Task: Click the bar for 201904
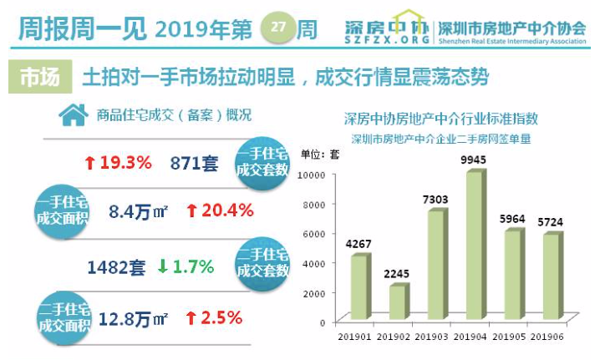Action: click(x=473, y=246)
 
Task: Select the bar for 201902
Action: click(x=398, y=302)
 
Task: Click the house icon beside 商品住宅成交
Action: click(x=74, y=114)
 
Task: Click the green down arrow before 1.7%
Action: click(x=163, y=267)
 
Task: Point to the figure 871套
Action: click(x=193, y=163)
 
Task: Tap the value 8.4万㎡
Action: click(x=139, y=210)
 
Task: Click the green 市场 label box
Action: click(x=39, y=78)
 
